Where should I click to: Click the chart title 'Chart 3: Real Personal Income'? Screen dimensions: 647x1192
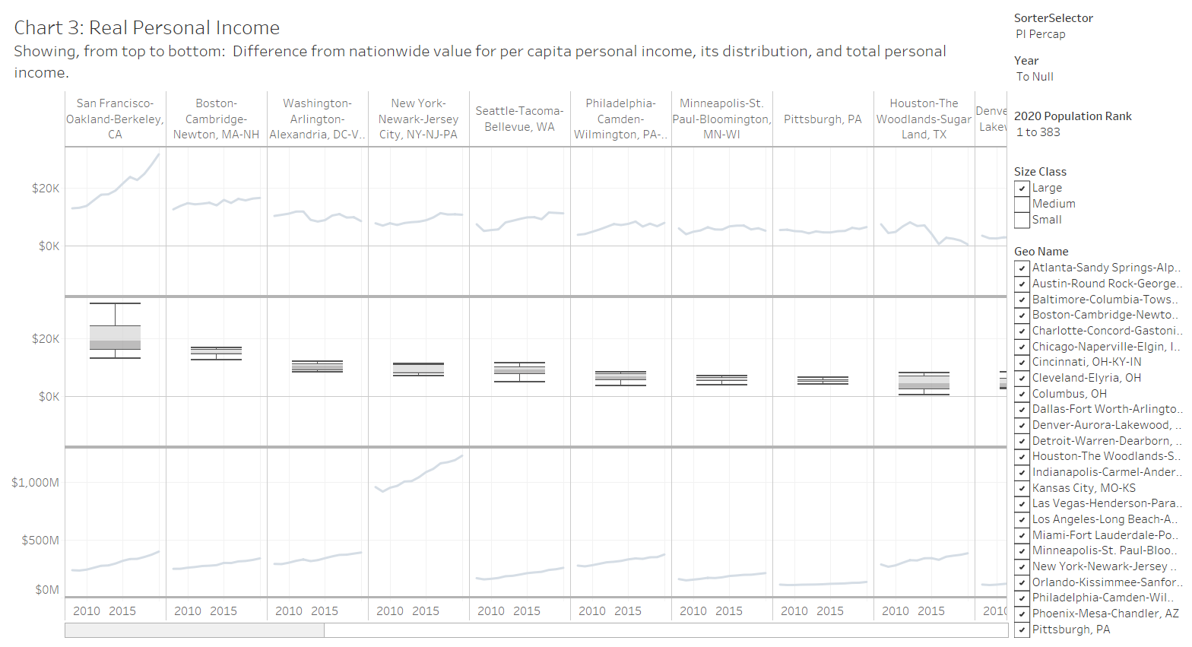147,28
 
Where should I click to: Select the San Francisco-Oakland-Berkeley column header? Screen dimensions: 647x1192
115,119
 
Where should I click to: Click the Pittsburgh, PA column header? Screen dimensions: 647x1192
823,119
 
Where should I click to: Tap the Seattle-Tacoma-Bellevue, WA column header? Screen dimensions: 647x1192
519,119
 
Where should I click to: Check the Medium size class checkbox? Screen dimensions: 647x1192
1022,205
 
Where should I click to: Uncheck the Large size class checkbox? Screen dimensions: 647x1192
1022,189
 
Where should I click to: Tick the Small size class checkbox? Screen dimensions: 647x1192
1022,220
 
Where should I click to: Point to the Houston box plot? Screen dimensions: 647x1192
924,382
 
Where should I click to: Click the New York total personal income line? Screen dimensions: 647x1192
418,475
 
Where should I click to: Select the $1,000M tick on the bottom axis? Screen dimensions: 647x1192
35,483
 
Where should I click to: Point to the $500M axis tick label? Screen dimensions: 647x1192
40,541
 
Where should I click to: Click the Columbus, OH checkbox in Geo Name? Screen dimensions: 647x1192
1022,394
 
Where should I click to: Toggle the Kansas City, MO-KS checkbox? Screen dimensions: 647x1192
1022,488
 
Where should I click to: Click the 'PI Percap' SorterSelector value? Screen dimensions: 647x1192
1040,34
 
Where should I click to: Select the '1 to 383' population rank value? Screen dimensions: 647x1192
1038,132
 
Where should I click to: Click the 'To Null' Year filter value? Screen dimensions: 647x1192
1035,77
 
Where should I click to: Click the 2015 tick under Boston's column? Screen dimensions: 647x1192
223,611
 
